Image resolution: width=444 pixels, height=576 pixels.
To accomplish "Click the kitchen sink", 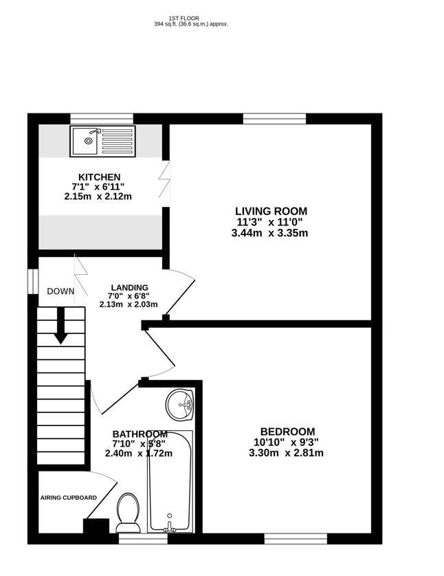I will [x=102, y=141].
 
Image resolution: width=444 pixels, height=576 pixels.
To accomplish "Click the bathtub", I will [x=170, y=481].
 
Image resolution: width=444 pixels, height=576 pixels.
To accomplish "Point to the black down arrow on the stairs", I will [x=61, y=325].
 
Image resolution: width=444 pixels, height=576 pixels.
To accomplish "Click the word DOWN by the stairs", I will [x=60, y=291].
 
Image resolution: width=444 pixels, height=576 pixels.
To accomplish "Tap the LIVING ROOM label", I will [x=271, y=211].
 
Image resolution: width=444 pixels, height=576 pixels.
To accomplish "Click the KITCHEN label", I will [x=100, y=177].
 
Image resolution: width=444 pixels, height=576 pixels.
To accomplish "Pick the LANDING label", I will [x=129, y=287].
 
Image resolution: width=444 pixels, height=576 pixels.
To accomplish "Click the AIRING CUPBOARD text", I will [x=68, y=498].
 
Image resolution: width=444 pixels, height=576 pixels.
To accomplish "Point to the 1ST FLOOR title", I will [x=190, y=18].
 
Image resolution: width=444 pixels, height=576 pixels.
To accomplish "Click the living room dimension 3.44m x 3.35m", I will [x=270, y=233].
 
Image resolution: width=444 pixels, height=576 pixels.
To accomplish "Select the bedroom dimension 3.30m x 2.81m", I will [x=286, y=453].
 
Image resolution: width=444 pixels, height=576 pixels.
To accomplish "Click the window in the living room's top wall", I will [x=274, y=119].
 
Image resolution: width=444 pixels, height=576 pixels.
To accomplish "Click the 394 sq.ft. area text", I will [x=190, y=24].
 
